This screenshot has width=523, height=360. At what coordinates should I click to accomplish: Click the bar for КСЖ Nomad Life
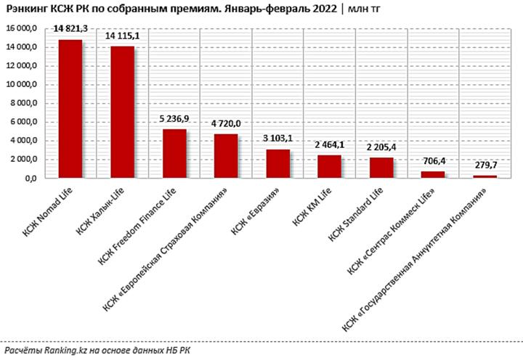coord(70,109)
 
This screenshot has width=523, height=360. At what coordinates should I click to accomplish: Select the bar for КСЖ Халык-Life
coord(121,112)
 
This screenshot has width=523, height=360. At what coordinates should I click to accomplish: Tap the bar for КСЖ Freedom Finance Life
coord(174,153)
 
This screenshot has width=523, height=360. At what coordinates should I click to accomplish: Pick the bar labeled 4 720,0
coord(226,156)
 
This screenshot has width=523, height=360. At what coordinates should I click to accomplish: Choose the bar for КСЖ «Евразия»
coord(277,163)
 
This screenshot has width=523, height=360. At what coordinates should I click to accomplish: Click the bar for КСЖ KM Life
coord(330,166)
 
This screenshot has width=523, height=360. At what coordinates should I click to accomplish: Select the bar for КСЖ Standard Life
coord(381,168)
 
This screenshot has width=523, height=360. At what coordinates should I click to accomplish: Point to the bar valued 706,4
coord(433,174)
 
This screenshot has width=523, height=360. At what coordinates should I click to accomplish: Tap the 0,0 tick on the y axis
coord(39,178)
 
